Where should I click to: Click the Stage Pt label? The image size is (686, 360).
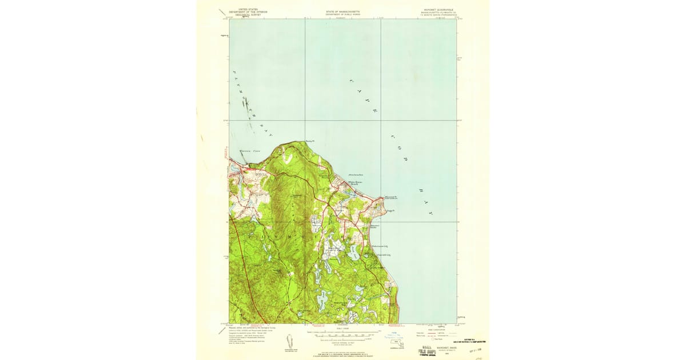tap(390, 211)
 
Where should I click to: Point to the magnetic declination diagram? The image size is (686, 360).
tap(290, 339)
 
